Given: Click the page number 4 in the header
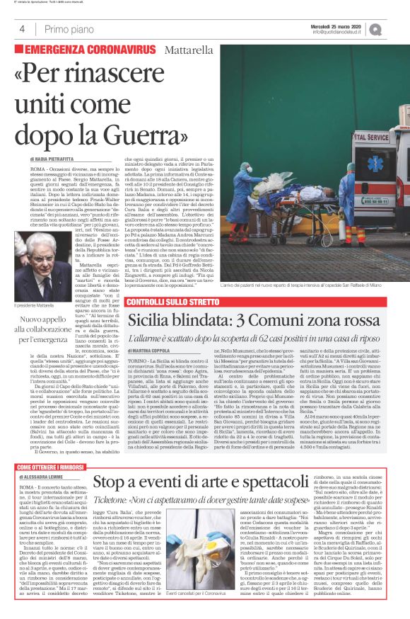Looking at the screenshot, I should point(23,29).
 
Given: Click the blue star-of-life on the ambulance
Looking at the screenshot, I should point(375,164).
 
